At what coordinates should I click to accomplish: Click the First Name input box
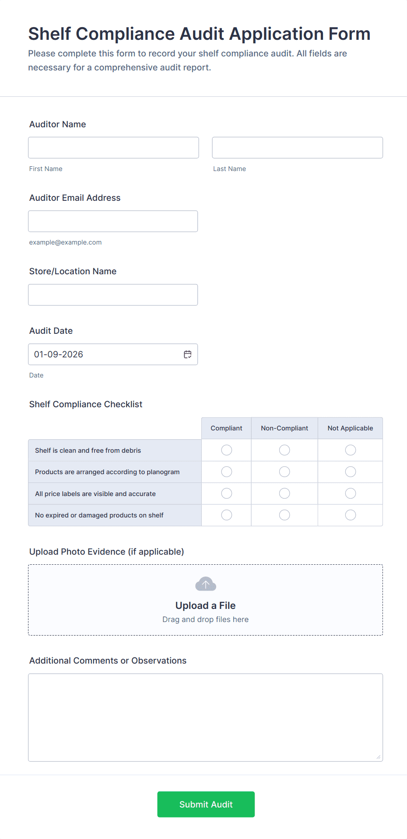coord(113,148)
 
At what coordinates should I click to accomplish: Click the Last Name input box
coord(297,148)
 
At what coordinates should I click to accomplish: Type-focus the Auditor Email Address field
coord(113,221)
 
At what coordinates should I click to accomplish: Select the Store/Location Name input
coord(113,295)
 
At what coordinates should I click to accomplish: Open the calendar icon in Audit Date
coord(188,354)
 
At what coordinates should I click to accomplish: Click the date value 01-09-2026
coord(59,354)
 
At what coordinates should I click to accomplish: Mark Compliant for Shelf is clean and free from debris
coord(226,450)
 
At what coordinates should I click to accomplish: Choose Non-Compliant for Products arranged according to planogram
coord(284,472)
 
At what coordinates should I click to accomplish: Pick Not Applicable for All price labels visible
coord(351,493)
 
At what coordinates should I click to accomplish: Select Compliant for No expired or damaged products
coord(226,515)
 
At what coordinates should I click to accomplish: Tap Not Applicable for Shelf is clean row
coord(351,450)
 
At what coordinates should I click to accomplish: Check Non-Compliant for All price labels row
coord(284,493)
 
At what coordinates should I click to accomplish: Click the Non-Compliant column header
coord(284,428)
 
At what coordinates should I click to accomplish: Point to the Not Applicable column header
coord(350,428)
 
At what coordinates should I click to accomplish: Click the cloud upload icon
coord(206,584)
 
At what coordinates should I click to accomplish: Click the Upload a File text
coord(205,605)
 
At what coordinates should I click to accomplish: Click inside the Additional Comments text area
coord(205,717)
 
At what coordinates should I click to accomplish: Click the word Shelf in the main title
coord(49,34)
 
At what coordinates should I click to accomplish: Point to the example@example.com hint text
coord(65,242)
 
